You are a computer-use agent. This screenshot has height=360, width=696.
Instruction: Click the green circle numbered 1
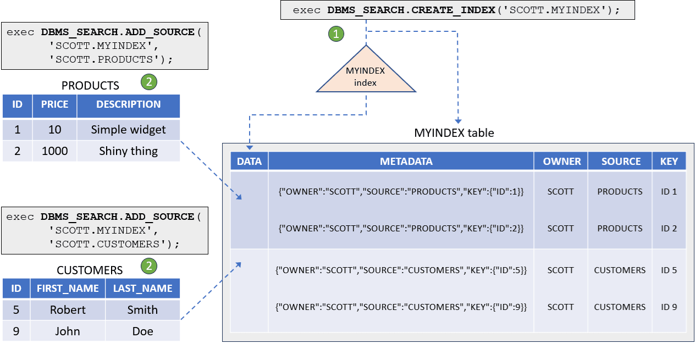pos(336,34)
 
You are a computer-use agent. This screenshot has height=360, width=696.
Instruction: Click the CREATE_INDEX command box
pos(457,10)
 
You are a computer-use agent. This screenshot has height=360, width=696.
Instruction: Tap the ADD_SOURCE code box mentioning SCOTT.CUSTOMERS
pos(104,230)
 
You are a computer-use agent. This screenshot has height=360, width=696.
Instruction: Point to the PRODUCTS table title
pos(90,86)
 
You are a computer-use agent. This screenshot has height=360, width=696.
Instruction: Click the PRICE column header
pos(54,104)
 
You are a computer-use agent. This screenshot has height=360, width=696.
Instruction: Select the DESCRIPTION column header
pos(128,104)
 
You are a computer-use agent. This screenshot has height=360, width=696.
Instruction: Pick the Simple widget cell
pos(128,130)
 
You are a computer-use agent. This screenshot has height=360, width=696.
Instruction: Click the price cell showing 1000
pos(54,151)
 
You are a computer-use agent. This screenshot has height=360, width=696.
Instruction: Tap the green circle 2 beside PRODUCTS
pos(148,82)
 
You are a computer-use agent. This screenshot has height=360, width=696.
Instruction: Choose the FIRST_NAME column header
pos(68,289)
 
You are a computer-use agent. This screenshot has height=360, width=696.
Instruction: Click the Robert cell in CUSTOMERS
pos(68,310)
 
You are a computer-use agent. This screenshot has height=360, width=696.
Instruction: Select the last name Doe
pos(142,331)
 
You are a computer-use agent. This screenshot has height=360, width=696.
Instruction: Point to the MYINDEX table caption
pos(454,133)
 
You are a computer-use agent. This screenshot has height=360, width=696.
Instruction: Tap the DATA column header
pos(249,162)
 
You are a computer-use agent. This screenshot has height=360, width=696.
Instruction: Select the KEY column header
pos(669,162)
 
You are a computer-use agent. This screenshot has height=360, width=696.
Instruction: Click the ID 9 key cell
pos(669,307)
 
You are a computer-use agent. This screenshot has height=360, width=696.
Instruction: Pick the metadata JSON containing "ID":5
pos(401,270)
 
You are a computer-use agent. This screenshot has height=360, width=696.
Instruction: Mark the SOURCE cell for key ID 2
pos(620,229)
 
